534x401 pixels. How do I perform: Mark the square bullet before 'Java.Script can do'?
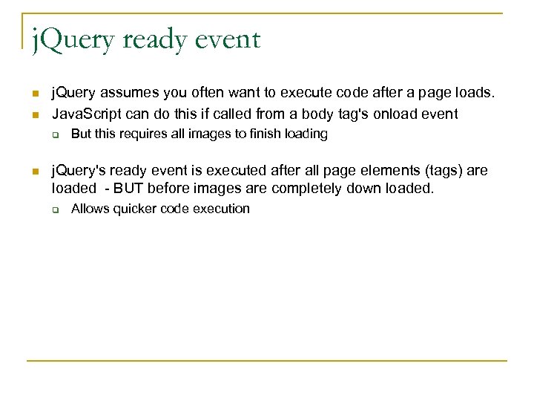pos(34,114)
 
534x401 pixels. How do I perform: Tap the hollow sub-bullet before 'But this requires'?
pos(54,135)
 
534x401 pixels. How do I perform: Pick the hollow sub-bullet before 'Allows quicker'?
pos(54,209)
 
